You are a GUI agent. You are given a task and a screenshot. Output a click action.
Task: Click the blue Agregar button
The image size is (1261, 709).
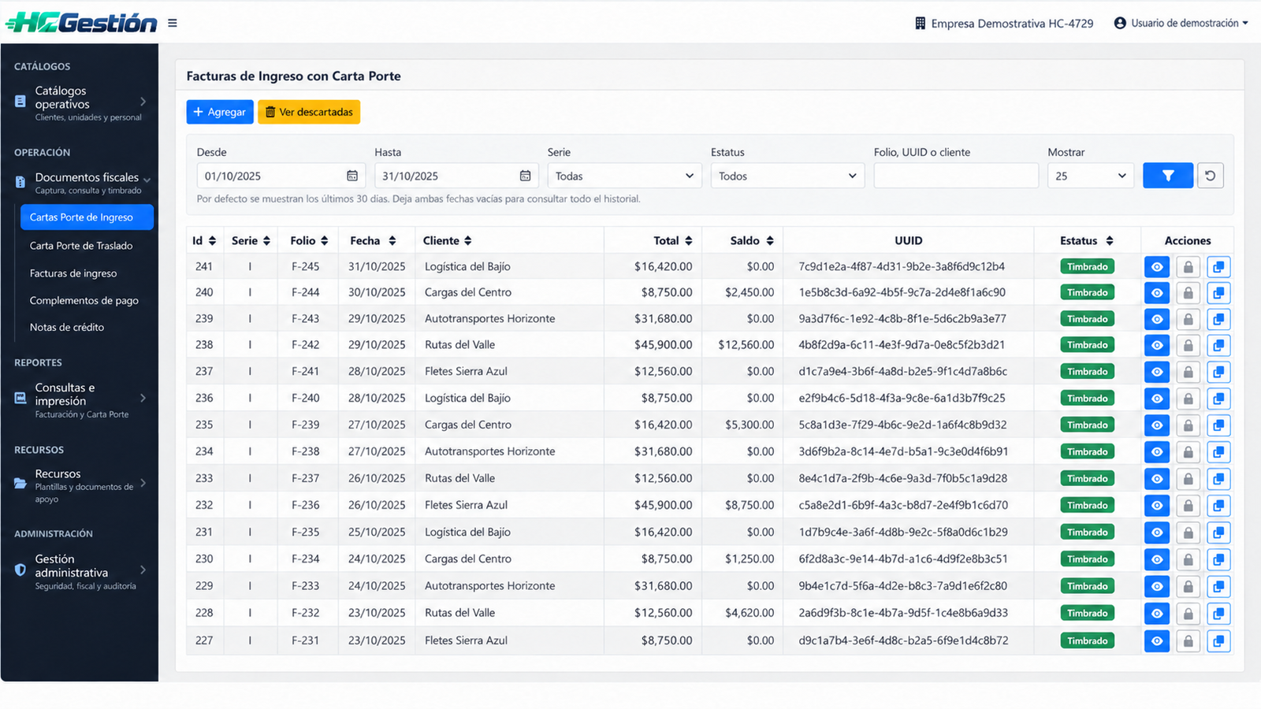point(220,112)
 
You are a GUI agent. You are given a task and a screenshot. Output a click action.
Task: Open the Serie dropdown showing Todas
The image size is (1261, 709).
point(624,176)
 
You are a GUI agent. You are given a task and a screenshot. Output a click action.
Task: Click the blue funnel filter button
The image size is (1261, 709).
point(1167,176)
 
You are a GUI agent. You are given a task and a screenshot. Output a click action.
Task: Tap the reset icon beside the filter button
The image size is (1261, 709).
point(1211,176)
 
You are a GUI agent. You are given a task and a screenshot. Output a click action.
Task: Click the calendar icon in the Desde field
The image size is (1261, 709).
point(352,176)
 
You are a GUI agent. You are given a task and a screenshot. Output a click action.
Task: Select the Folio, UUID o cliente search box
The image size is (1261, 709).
point(956,176)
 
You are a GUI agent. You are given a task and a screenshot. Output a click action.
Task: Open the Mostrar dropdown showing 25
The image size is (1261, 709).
point(1091,176)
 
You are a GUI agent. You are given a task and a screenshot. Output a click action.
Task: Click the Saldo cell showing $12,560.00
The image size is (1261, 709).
point(746,345)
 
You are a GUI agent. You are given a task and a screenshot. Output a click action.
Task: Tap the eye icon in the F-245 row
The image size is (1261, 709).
point(1157,267)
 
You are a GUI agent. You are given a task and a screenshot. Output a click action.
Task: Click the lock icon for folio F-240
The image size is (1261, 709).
point(1188,399)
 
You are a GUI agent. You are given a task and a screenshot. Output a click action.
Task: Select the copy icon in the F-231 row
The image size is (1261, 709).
point(1218,641)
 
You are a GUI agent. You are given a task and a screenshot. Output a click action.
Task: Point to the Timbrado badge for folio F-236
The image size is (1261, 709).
point(1087,505)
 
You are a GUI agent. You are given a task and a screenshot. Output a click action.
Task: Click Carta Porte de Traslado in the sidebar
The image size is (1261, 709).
point(81,246)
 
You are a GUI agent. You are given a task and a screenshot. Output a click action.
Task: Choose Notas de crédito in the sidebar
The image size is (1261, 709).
point(67,328)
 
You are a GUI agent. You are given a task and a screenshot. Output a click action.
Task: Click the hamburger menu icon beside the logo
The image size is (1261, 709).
point(173,23)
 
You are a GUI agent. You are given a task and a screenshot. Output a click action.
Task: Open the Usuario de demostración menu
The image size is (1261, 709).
point(1181,23)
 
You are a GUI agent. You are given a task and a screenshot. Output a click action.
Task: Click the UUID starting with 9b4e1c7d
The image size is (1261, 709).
point(902,586)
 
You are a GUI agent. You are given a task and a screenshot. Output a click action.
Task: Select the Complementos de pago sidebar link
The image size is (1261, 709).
point(84,300)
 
